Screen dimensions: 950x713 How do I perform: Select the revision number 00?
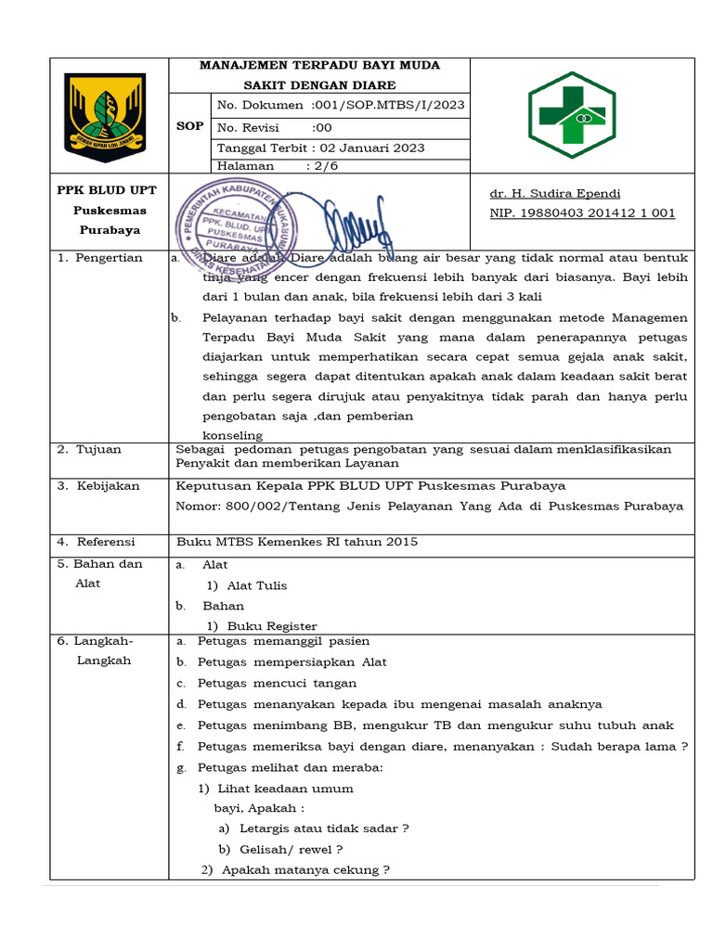click(x=322, y=127)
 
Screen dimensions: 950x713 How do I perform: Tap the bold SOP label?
click(x=189, y=126)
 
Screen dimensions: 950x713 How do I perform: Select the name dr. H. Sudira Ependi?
click(x=554, y=194)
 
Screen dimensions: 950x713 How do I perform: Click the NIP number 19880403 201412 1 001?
click(x=582, y=213)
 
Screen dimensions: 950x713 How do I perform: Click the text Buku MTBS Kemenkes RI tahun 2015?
click(x=297, y=542)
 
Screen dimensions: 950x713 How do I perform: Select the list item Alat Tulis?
click(x=256, y=585)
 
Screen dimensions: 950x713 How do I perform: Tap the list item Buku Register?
click(x=271, y=626)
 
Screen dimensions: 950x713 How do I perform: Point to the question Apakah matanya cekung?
click(x=305, y=869)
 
